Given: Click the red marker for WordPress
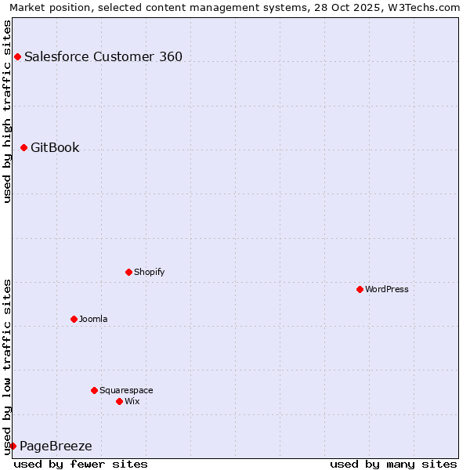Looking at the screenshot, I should (x=360, y=289).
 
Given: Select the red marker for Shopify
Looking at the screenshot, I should (x=128, y=272).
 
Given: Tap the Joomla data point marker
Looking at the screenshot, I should (x=74, y=319).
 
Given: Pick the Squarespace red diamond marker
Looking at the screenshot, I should (x=94, y=390).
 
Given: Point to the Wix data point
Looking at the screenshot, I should (x=119, y=401).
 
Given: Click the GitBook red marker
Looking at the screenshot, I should (x=23, y=147).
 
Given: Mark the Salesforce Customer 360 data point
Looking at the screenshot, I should (x=17, y=56).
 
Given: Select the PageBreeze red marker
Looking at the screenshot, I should (x=13, y=446).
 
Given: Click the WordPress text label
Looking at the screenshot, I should (x=387, y=289).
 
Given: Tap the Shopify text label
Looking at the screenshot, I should (x=149, y=272).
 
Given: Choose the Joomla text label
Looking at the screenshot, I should (x=93, y=319).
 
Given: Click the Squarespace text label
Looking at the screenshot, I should (x=126, y=390).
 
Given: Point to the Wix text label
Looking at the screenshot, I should (x=132, y=401).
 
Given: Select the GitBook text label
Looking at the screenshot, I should (x=55, y=147).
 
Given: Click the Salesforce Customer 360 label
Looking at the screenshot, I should (x=103, y=56).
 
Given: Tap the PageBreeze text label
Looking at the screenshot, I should (x=56, y=446).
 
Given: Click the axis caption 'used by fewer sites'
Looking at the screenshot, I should (x=81, y=464).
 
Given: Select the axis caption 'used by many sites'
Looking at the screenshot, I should (x=393, y=464).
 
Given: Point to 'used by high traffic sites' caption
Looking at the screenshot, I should (x=8, y=111).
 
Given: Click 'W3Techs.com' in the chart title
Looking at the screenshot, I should (x=424, y=7).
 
